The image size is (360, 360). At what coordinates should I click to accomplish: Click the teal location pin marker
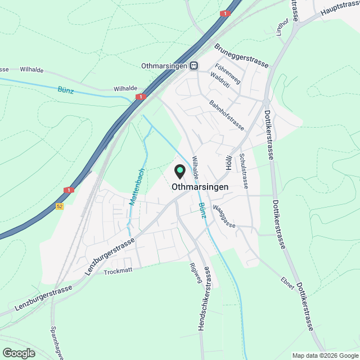point(180,170)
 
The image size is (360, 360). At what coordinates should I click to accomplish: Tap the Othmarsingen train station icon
point(193,66)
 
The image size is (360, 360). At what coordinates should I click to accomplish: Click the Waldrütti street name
point(220,83)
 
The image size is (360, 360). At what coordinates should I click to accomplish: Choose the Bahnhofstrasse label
point(226,115)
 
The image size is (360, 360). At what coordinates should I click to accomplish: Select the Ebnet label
point(287,283)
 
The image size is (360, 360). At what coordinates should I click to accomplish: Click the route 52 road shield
point(60,206)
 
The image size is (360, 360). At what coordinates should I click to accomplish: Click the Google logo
point(18,353)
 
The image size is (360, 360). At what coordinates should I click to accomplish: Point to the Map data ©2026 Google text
point(325,355)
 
